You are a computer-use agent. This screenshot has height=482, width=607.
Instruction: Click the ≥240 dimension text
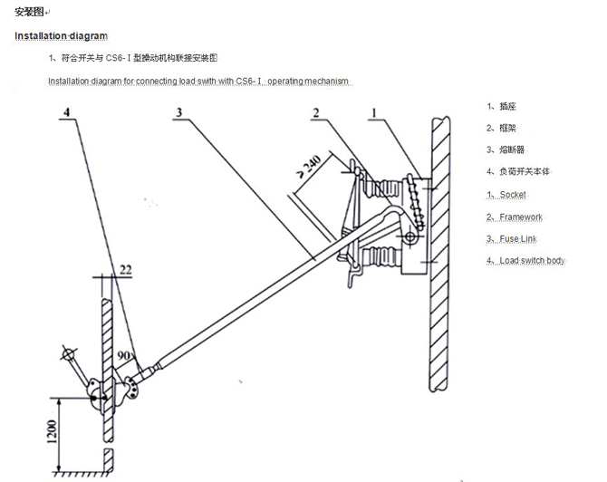click(308, 172)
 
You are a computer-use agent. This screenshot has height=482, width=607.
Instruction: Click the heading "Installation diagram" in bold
click(61, 36)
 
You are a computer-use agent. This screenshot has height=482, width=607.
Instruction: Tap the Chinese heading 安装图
click(32, 12)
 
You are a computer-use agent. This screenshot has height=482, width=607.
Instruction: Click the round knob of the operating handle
click(65, 352)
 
